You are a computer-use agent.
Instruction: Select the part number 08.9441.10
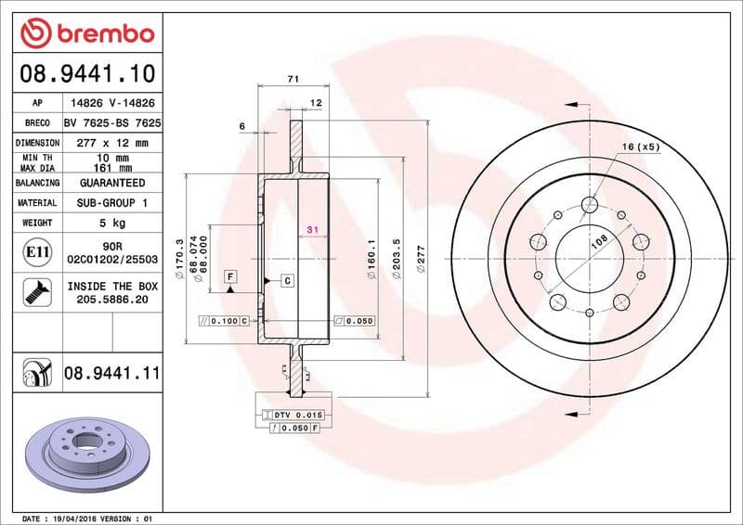click(x=86, y=71)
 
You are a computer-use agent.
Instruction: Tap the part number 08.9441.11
click(x=111, y=374)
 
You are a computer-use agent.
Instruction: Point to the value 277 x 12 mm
click(x=111, y=143)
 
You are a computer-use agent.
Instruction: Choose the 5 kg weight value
click(x=111, y=223)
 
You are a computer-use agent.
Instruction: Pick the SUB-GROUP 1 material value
click(x=111, y=202)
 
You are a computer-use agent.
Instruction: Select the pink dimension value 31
click(x=313, y=230)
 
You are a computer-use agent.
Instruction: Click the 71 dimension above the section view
click(x=293, y=80)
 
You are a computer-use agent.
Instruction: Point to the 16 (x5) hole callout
click(x=640, y=147)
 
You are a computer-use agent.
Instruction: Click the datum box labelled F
click(x=228, y=276)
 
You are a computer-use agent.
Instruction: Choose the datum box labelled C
click(x=287, y=279)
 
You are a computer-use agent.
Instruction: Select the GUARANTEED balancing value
click(x=111, y=183)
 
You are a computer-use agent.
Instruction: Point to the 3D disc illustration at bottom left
click(x=86, y=449)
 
